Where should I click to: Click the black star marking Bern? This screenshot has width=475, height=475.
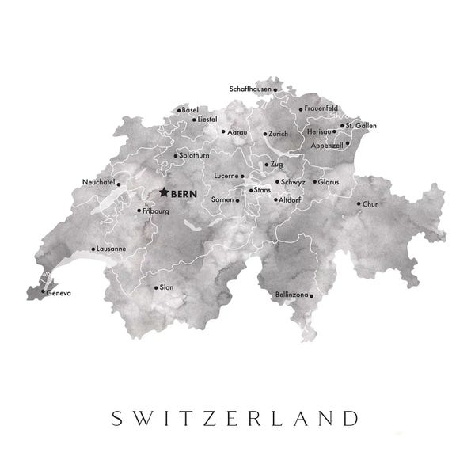pos(164,192)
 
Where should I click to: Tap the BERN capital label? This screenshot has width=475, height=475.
pos(184,192)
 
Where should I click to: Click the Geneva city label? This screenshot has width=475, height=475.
pos(59,294)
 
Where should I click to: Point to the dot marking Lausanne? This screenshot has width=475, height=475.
pos(93,249)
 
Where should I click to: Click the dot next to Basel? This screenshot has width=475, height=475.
pos(179,110)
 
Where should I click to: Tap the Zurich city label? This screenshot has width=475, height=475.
pos(278,134)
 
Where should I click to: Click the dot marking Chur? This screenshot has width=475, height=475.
pos(359,203)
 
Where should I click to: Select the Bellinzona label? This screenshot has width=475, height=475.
pos(291,294)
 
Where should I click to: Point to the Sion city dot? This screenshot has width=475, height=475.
pos(155,287)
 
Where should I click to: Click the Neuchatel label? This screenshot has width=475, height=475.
pos(98,182)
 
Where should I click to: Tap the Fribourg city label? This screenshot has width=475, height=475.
pos(157,211)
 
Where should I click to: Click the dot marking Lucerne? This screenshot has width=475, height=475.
pos(243,176)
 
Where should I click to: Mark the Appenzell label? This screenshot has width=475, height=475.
pos(327,146)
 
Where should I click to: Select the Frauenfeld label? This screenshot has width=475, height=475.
pos(322,108)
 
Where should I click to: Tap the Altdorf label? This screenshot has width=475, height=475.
pos(289,199)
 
